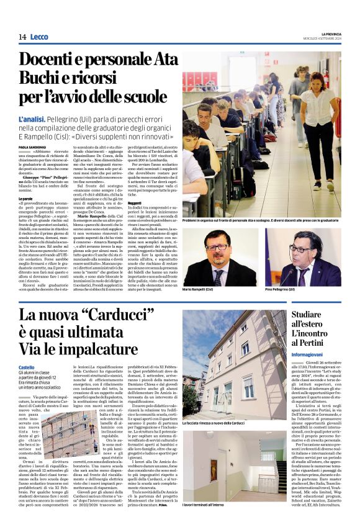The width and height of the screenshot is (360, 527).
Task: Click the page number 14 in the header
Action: tap(22, 37)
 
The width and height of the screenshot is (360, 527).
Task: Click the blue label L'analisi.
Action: tap(34, 118)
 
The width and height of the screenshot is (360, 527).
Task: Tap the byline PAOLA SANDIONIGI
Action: tap(32, 147)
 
